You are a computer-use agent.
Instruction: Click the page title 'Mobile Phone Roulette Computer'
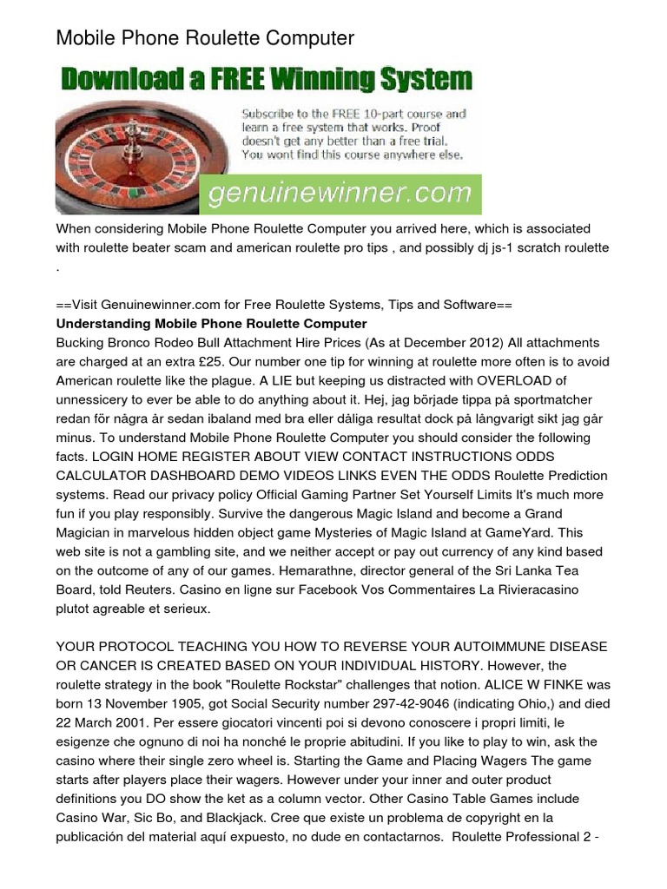pos(205,38)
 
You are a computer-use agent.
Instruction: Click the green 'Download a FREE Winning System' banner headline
pos(266,81)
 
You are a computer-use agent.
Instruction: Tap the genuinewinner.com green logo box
pos(340,191)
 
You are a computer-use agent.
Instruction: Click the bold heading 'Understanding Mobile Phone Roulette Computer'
pos(212,324)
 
